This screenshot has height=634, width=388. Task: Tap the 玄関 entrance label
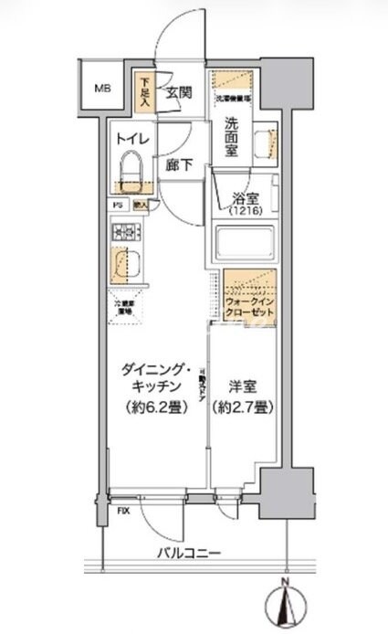pyautogui.click(x=179, y=92)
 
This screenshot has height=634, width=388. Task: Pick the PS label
pyautogui.click(x=117, y=206)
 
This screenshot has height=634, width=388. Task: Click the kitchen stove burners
pyautogui.click(x=122, y=234)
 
